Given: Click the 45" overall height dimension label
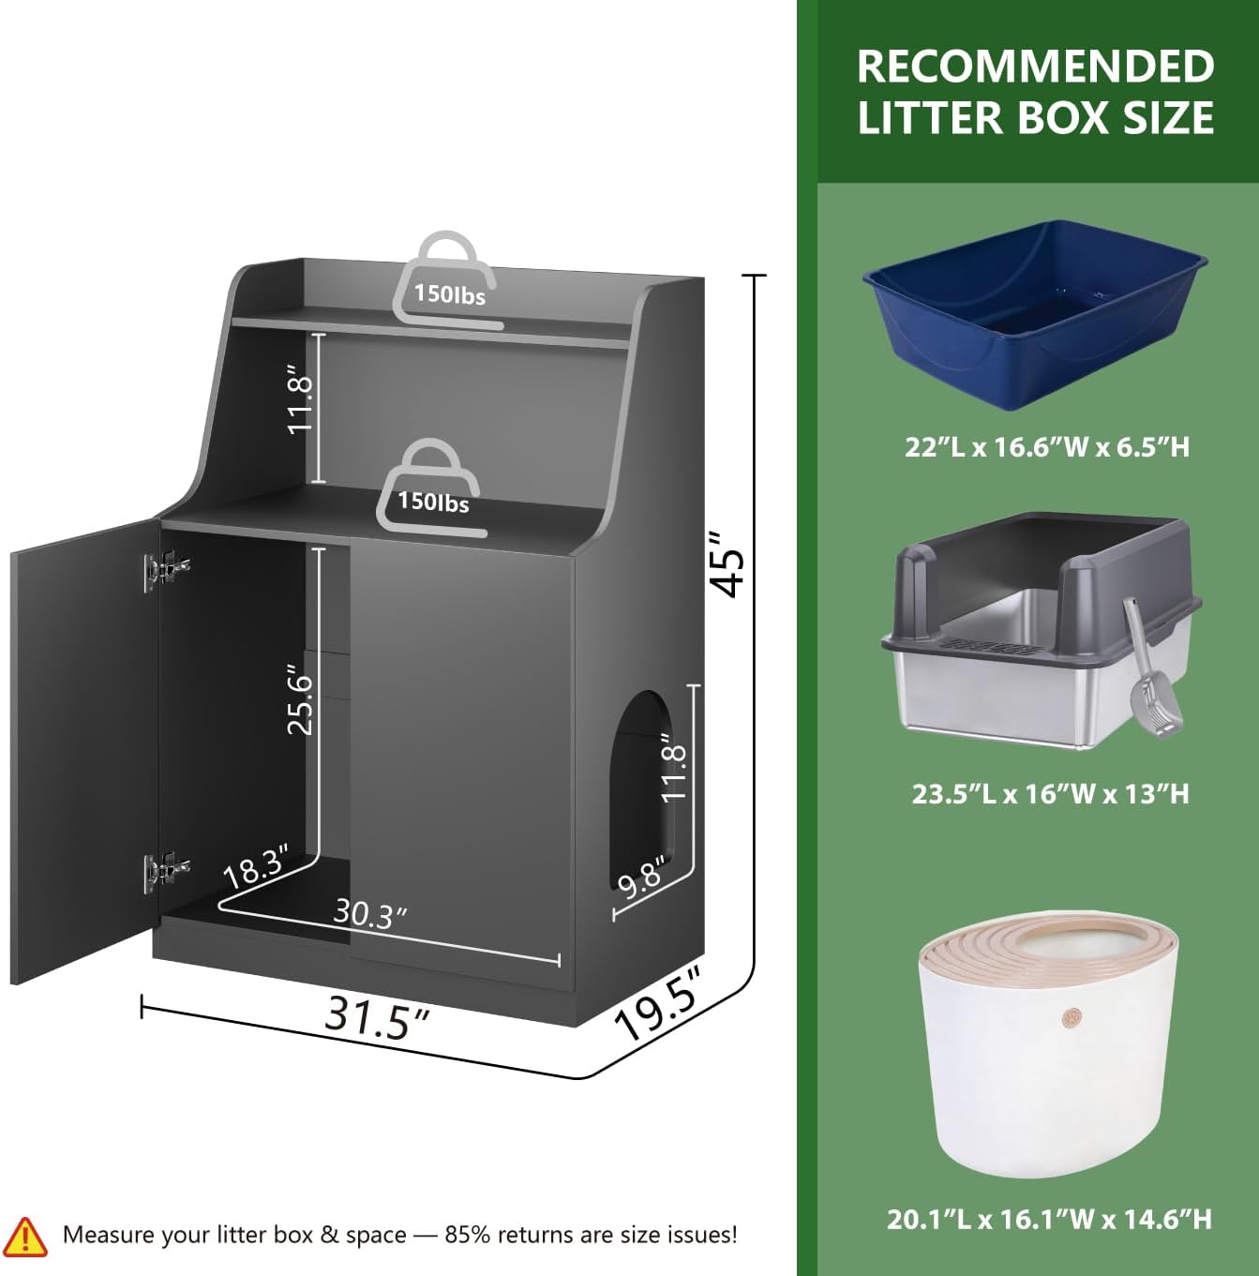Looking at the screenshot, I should [x=728, y=563].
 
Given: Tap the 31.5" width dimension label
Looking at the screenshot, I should [x=378, y=1016].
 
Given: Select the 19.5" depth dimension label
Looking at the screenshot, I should [x=658, y=1004].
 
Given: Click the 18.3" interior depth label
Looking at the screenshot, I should [x=256, y=866].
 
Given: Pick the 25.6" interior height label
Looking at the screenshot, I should [x=300, y=699].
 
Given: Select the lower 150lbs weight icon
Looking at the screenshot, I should [x=431, y=488].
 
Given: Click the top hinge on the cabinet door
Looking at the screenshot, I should [x=166, y=569].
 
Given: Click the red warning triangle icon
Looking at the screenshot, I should [x=25, y=1237].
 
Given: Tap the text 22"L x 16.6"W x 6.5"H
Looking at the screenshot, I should [x=1047, y=447].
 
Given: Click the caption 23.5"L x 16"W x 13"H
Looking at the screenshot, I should [x=1050, y=794].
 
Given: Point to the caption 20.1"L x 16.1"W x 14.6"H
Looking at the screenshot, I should [x=1049, y=1219].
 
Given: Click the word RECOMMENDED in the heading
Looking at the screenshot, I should [x=1035, y=67].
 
